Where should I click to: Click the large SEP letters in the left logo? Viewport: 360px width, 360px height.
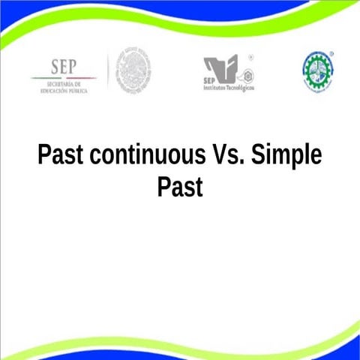(x=63, y=67)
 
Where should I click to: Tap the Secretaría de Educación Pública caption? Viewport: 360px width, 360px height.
(x=63, y=88)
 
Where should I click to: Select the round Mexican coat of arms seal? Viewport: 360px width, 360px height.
(x=134, y=71)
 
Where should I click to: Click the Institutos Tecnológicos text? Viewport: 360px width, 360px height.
(x=229, y=88)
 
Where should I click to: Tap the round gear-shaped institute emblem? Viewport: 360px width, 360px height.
(x=317, y=71)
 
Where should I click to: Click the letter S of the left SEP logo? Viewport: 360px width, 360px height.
(x=52, y=67)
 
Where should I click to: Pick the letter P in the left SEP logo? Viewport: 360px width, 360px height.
(x=75, y=67)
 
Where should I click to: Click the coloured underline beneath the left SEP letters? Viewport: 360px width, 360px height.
(x=63, y=78)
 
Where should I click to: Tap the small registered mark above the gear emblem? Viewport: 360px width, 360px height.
(x=332, y=55)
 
